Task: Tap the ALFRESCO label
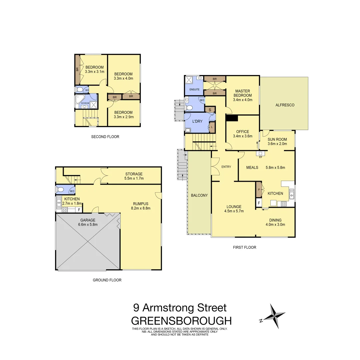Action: (x=285, y=105)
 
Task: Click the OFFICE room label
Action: (x=242, y=132)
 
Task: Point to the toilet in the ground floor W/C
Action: (x=60, y=189)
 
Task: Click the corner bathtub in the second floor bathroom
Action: (x=80, y=99)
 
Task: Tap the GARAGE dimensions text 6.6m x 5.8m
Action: (x=88, y=225)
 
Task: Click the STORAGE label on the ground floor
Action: (x=134, y=174)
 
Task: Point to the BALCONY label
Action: (x=199, y=195)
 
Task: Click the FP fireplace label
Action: (x=260, y=157)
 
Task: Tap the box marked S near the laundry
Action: (x=210, y=110)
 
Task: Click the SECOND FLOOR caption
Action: (x=105, y=137)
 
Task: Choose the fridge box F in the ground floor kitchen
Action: (x=79, y=210)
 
